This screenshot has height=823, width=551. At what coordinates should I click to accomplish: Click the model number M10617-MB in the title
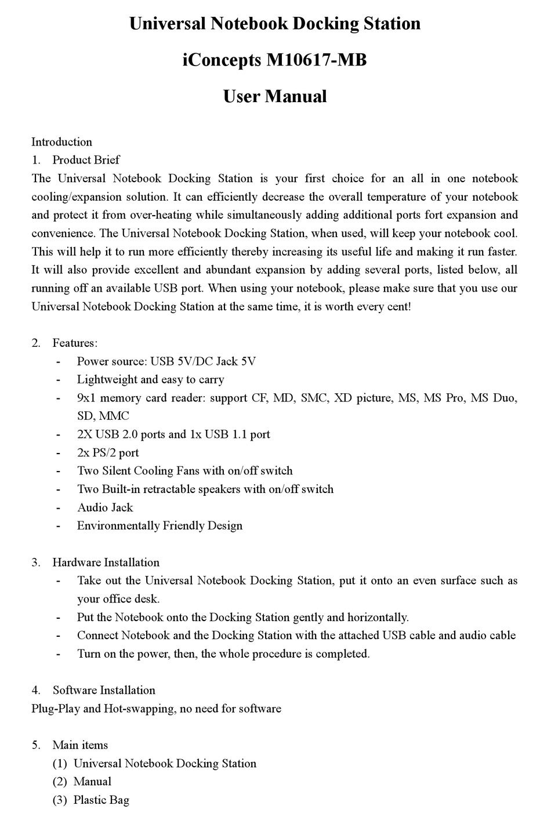316,60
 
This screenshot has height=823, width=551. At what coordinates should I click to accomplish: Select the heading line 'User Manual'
275,96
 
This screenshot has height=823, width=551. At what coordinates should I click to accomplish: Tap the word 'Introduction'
61,142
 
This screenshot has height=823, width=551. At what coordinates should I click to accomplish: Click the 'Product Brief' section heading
86,160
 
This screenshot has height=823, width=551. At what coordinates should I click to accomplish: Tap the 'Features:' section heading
75,343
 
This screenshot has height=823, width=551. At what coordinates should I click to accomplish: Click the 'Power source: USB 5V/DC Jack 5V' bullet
166,361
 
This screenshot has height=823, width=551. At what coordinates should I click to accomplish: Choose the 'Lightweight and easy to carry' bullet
151,379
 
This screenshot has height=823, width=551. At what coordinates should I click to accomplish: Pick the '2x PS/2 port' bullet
108,452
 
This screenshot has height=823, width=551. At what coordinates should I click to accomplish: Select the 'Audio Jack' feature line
105,507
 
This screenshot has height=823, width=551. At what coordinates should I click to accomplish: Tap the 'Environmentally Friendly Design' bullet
159,525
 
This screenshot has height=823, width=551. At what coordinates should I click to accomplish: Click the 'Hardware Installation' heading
106,562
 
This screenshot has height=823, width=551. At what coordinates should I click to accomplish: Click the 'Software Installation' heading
104,690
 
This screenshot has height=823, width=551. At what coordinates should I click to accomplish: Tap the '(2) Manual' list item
82,782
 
